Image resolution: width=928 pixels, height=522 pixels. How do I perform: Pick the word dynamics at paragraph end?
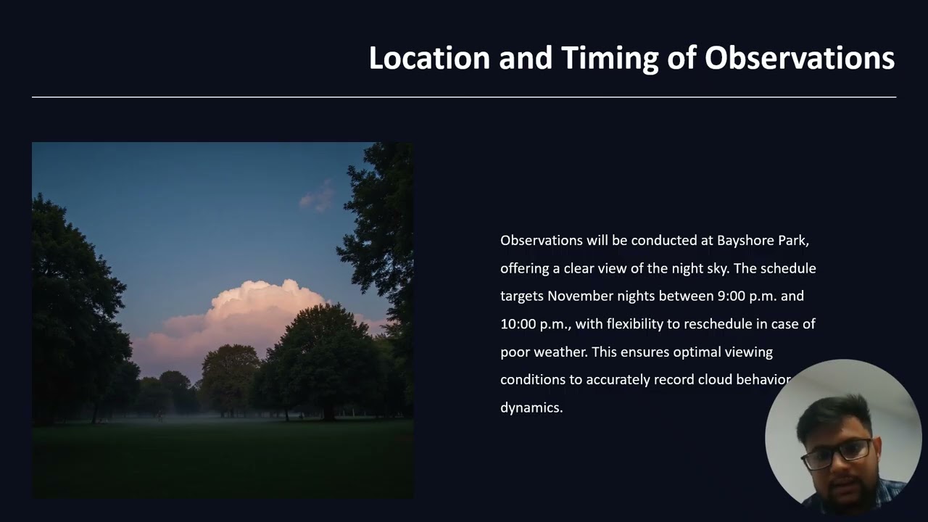pyautogui.click(x=531, y=407)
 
